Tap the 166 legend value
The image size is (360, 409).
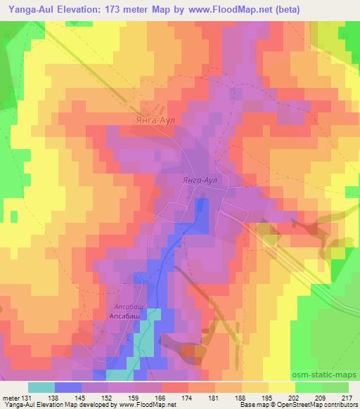161,398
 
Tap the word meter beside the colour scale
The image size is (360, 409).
10,398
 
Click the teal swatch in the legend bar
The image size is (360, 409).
41,387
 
